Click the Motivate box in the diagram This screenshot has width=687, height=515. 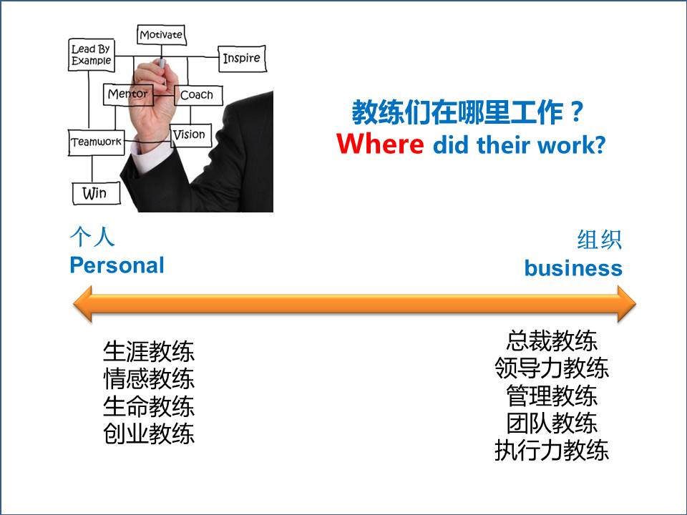(x=161, y=35)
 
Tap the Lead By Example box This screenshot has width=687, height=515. (x=92, y=55)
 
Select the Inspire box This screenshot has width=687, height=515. (x=242, y=58)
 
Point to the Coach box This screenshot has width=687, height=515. (x=198, y=95)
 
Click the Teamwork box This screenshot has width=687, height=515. (x=97, y=142)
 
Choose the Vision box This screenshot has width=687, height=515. (x=190, y=135)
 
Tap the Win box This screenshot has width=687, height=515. (x=96, y=193)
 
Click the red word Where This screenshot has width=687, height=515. (x=380, y=144)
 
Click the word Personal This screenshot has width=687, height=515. (x=117, y=265)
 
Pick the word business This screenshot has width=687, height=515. (x=573, y=268)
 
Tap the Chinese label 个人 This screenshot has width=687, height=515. (x=92, y=237)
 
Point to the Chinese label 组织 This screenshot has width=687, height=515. (x=600, y=240)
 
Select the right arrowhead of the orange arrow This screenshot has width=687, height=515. (x=627, y=303)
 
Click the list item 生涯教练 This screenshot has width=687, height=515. (x=149, y=351)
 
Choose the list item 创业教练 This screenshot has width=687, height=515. (x=149, y=434)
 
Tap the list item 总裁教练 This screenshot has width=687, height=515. (x=552, y=340)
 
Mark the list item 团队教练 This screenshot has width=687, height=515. (x=552, y=423)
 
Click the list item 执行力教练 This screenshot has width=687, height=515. (x=552, y=450)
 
